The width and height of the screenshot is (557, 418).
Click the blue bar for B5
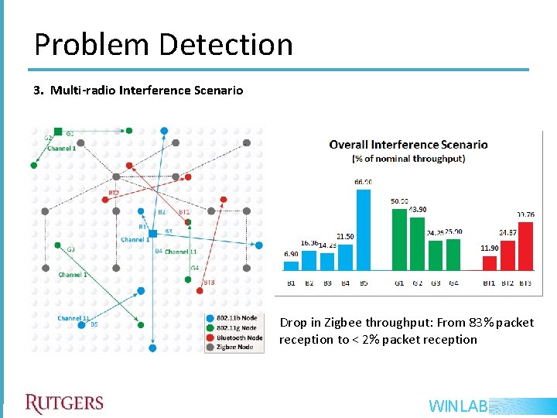coord(364,232)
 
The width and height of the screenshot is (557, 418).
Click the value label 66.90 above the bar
coord(363,182)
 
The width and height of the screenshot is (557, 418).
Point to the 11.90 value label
coord(490,248)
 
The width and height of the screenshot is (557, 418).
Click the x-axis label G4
coord(453,283)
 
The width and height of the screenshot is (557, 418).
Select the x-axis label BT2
coord(507,283)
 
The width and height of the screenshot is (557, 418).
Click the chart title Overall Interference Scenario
coord(408,144)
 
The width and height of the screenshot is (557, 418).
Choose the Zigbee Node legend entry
coord(235,348)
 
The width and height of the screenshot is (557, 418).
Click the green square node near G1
coord(58,132)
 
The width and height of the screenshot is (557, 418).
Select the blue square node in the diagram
coord(152,233)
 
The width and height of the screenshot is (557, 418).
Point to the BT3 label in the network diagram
coord(208,283)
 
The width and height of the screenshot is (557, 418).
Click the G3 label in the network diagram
coord(70,249)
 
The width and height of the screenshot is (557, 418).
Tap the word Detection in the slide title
coord(227,45)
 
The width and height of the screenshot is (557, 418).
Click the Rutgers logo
coord(63,403)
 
